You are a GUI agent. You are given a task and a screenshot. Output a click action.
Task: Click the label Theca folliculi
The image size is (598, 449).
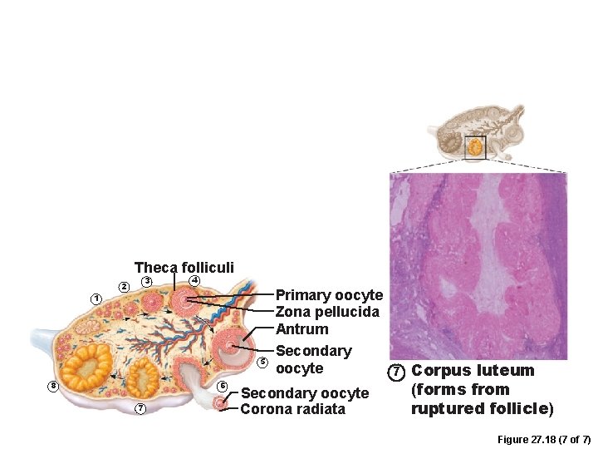pos(184,268)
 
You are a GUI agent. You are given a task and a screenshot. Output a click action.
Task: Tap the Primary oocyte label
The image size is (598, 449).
pos(329,295)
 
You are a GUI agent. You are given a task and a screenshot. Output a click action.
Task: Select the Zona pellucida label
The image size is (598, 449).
pos(327,312)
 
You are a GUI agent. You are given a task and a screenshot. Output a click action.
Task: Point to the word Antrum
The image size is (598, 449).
pos(301,329)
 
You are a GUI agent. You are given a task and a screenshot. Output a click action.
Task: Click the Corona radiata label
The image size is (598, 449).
pos(292,409)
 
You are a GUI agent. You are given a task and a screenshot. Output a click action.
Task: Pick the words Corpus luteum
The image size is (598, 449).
pos(473,371)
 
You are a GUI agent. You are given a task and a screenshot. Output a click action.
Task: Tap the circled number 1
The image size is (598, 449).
pos(96,299)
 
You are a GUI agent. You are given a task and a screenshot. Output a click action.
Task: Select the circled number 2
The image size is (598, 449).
pos(125,287)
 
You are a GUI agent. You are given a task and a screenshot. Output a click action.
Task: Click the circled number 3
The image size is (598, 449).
pos(146,281)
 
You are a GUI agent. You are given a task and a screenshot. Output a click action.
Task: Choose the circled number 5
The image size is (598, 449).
pos(262,362)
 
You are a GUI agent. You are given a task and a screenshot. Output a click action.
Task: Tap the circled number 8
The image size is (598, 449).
pos(53,386)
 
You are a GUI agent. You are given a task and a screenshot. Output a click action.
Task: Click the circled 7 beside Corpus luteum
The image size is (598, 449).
pos(397,371)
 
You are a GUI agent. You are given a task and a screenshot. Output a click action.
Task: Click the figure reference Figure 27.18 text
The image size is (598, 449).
pos(543,439)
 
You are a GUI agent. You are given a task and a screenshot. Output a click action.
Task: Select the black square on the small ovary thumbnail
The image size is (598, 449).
pos(475,147)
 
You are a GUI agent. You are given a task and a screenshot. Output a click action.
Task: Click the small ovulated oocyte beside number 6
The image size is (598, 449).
pos(218,403)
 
